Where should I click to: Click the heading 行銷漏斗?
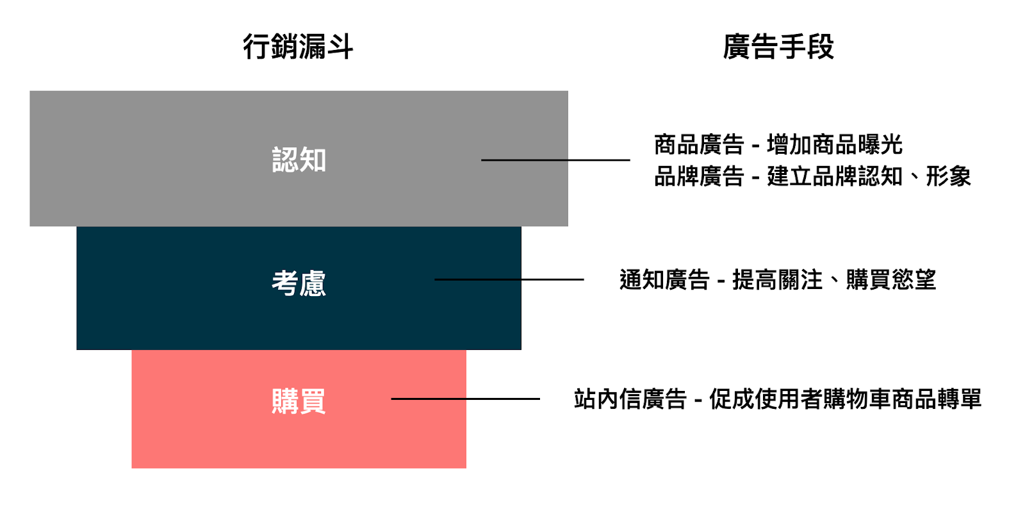coord(298,46)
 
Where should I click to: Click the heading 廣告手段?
coord(778,46)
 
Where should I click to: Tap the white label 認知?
coord(299,160)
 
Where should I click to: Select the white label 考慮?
coord(299,283)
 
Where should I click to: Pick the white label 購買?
coord(299,401)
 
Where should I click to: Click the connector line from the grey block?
coord(555,160)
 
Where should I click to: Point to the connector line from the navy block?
coord(509,279)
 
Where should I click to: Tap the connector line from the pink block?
coord(465,399)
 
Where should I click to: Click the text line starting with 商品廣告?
coord(778,145)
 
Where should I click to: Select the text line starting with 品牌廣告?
coord(812,176)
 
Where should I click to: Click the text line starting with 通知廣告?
coord(778,280)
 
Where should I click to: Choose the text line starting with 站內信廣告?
coord(778,399)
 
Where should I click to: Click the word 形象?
coord(948,176)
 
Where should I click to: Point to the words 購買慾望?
coord(891,280)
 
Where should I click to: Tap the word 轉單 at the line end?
coord(958,399)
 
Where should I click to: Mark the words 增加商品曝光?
coord(835,145)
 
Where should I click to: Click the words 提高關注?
coord(778,280)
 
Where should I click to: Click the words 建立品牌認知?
coord(835,176)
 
